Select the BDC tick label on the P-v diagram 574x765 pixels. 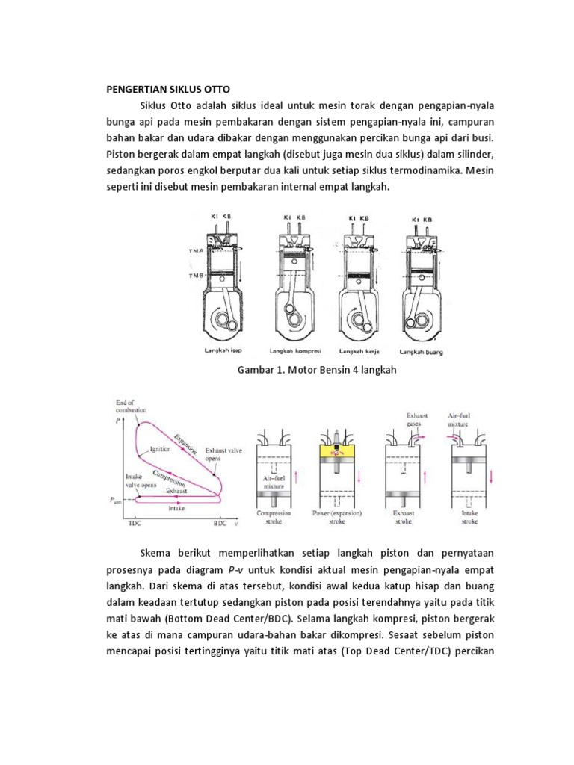(x=220, y=524)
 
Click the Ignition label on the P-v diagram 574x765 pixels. (x=161, y=450)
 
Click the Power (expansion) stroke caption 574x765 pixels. (x=339, y=518)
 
